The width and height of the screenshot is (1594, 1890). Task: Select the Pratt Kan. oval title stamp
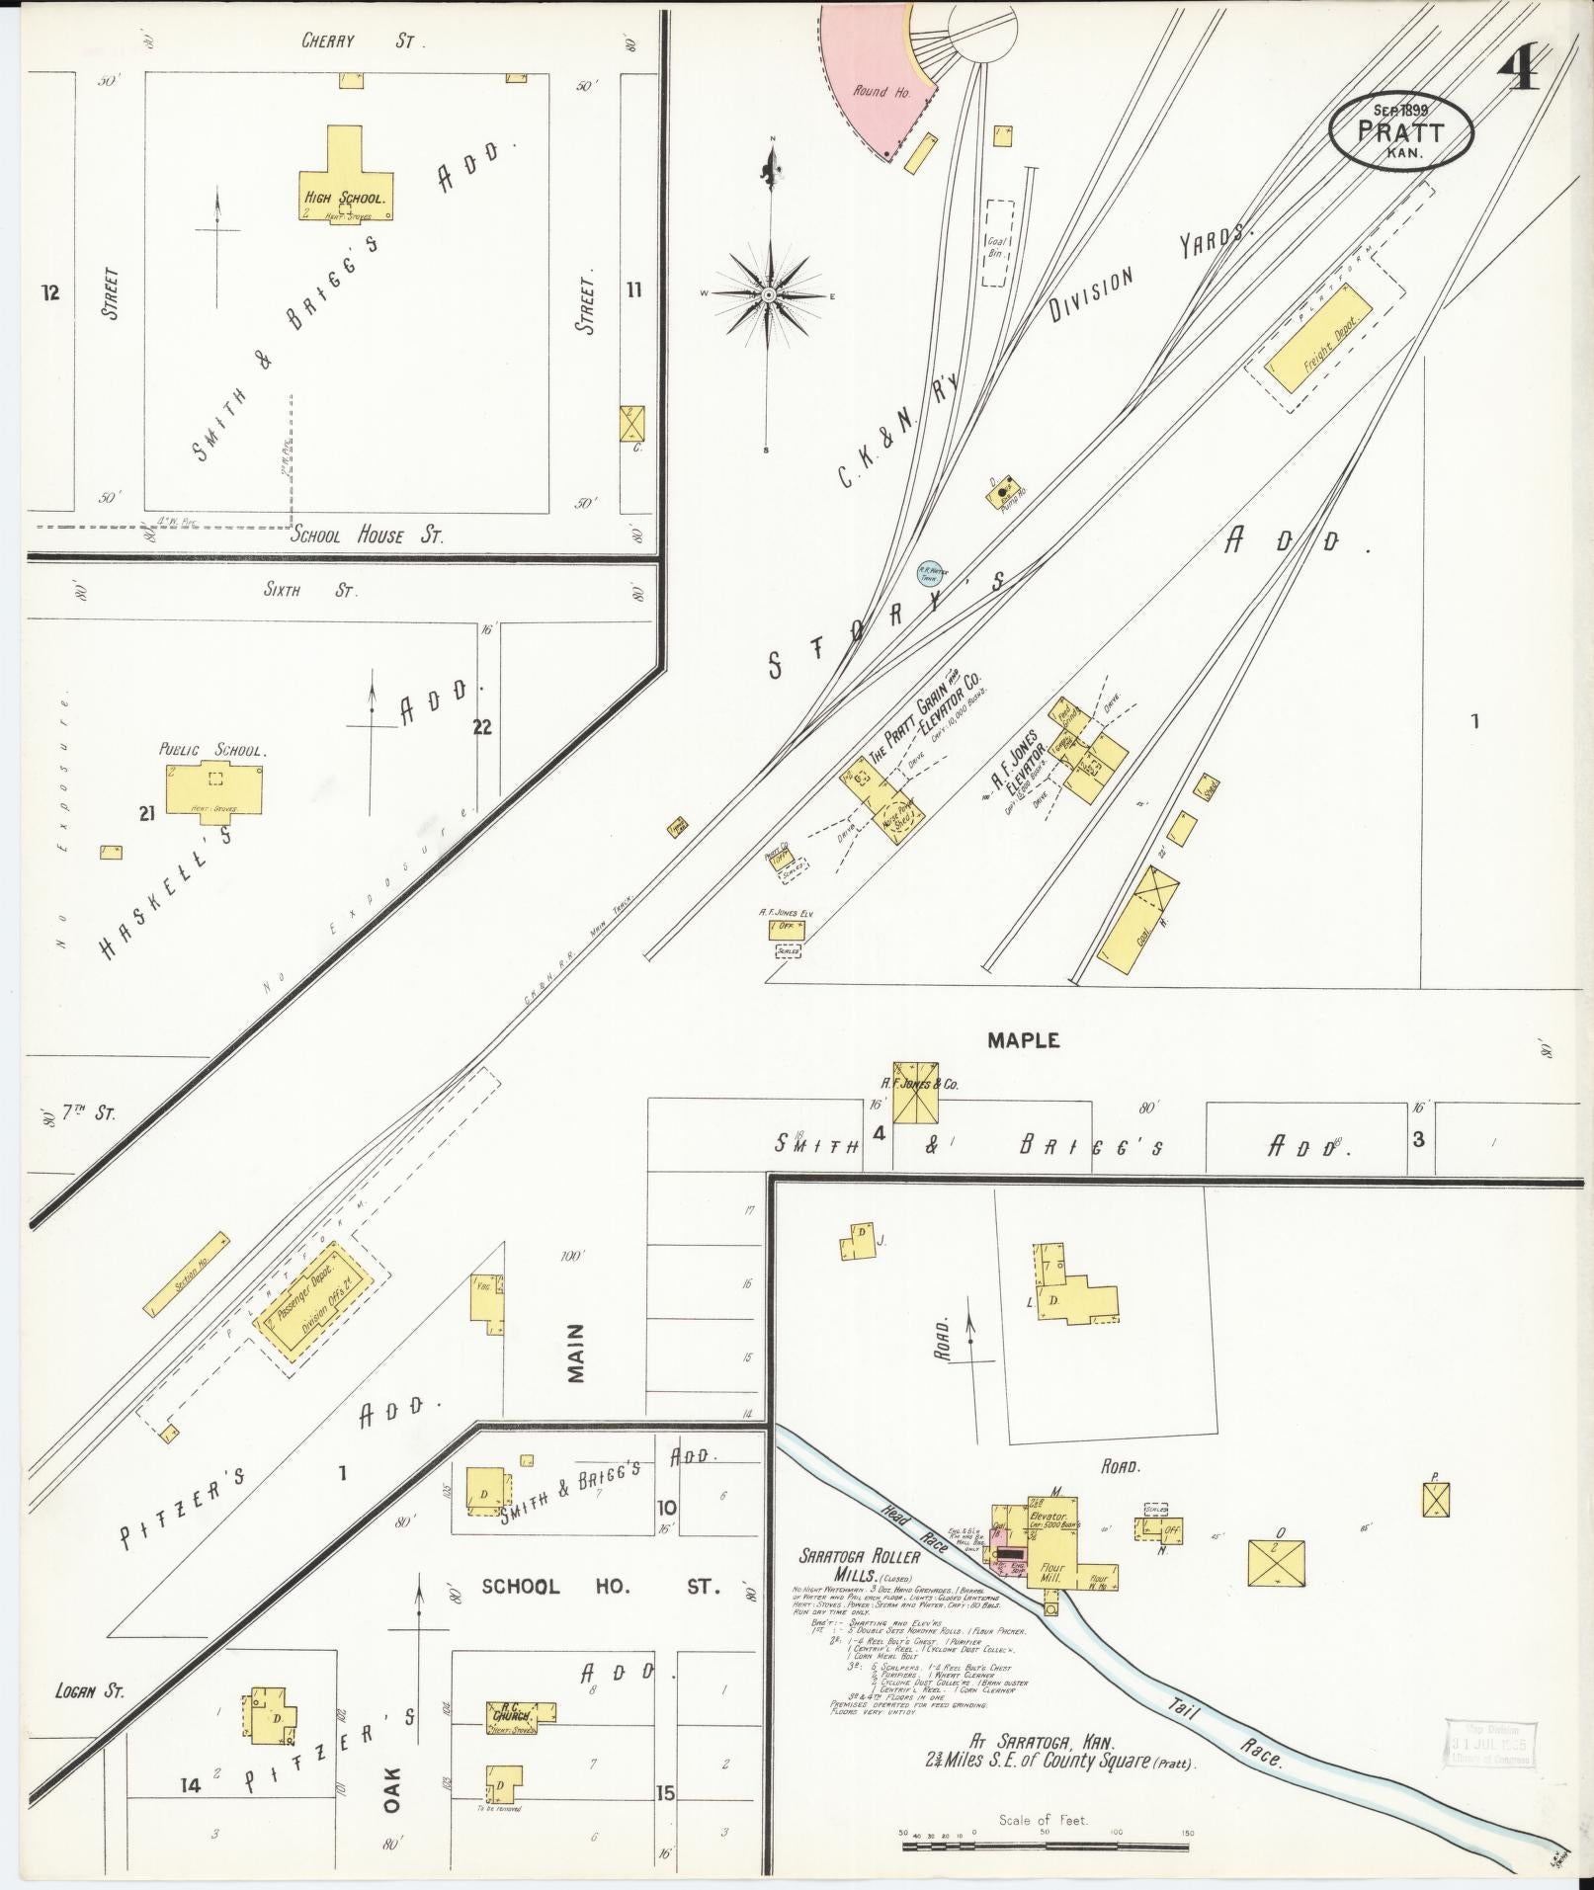tap(1400, 130)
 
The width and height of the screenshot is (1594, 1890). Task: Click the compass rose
tap(768, 294)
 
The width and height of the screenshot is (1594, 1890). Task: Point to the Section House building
tap(188, 1274)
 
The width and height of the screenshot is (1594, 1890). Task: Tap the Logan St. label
tap(90, 1690)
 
